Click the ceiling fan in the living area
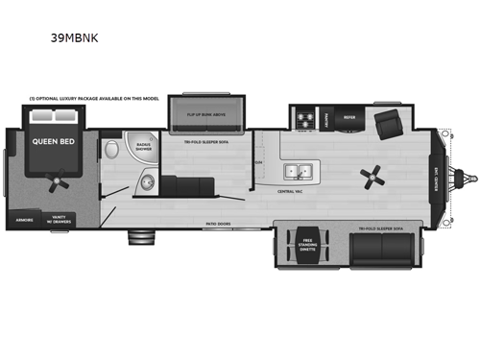pos(372,176)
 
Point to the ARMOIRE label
pos(25,219)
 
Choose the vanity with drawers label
pos(64,218)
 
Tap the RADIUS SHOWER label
pos(144,148)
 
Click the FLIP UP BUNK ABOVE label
pos(205,112)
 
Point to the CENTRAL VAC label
pos(293,190)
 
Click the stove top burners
pos(304,119)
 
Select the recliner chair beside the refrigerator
pos(388,123)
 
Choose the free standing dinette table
pos(307,249)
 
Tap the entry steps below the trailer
pos(144,237)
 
